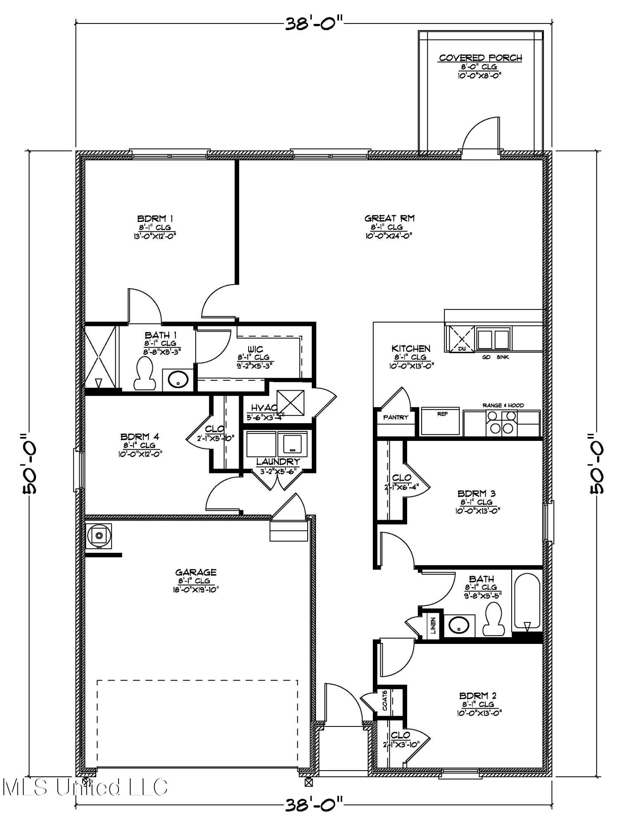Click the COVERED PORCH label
(x=480, y=58)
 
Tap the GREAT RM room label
(x=389, y=218)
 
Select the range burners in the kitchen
(x=502, y=423)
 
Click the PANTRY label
(x=396, y=417)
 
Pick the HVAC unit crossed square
(x=290, y=403)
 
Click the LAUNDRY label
(x=278, y=462)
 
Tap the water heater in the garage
(x=99, y=536)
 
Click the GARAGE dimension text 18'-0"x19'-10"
(x=195, y=589)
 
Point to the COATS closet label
(x=385, y=700)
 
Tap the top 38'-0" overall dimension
(x=313, y=24)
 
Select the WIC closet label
(x=256, y=349)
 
